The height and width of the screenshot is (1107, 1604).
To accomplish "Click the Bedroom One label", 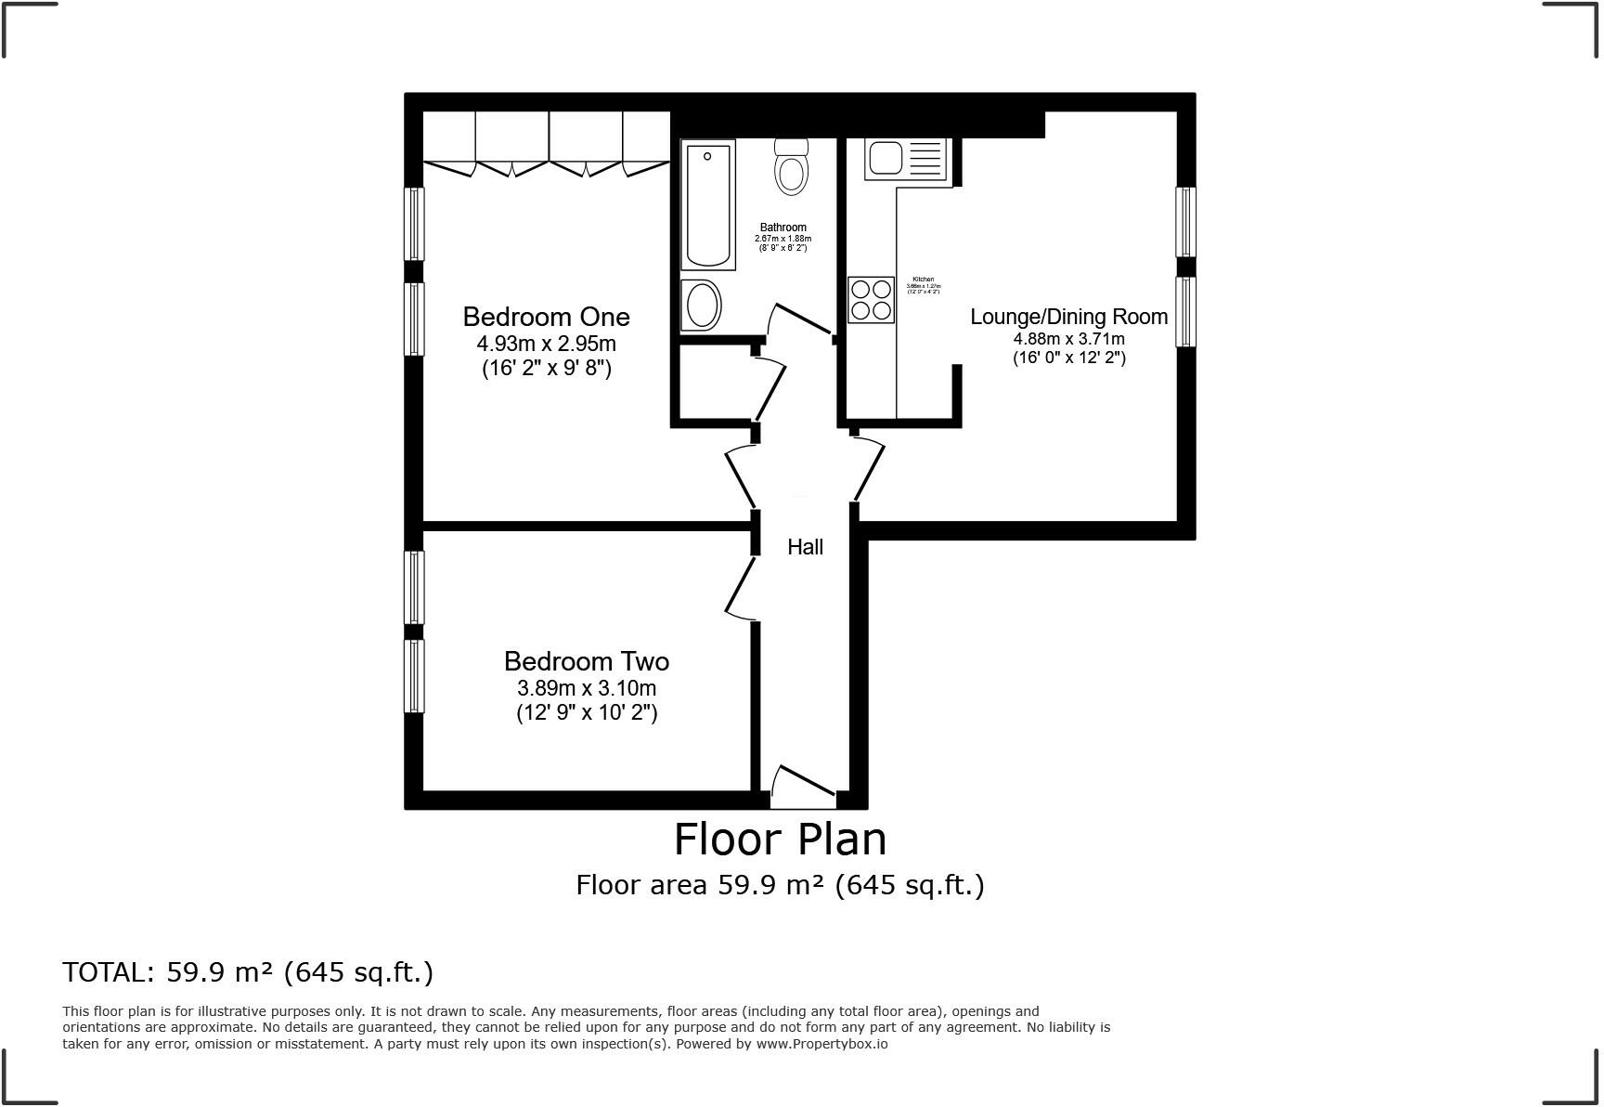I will (546, 317).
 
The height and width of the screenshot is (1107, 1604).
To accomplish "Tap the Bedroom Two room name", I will (586, 661).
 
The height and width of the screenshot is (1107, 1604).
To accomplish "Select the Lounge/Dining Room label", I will (1068, 317).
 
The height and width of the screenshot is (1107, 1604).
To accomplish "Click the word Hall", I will (805, 547).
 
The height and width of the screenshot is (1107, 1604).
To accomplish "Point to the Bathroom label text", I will (783, 228).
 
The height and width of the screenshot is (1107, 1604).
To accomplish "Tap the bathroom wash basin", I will (702, 306).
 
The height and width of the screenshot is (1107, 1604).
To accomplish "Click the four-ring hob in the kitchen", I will (871, 299).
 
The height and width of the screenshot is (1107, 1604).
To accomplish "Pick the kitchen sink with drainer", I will (904, 158).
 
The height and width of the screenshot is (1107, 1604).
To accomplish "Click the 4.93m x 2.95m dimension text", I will (546, 344).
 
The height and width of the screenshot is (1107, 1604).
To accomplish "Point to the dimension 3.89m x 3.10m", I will (586, 688).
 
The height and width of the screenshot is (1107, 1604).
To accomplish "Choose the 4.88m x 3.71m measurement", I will (1068, 339).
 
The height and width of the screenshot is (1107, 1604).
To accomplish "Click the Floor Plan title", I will (780, 840).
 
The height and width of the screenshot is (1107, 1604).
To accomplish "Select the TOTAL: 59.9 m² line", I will (248, 972).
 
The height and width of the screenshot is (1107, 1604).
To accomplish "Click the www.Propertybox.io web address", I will (821, 1044).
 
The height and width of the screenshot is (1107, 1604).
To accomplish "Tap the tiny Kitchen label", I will (923, 280).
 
